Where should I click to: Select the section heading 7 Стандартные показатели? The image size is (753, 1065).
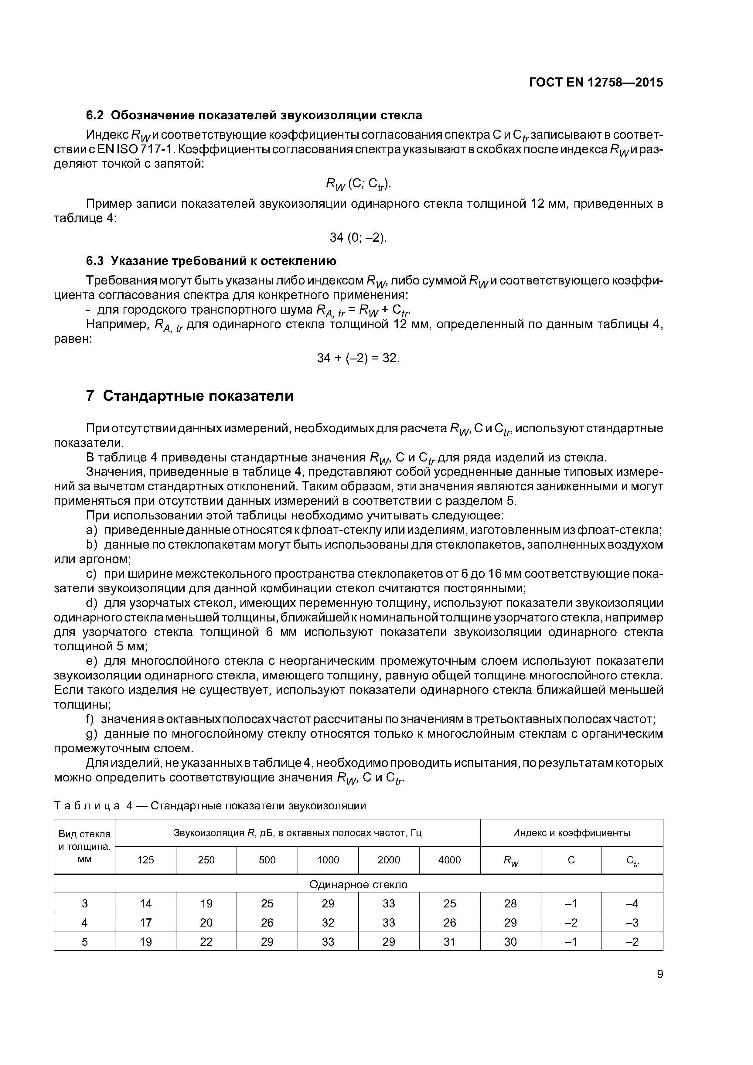pos(190,396)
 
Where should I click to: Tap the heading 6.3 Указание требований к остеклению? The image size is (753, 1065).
pos(211,261)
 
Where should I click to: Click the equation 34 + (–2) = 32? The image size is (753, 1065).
pos(358,358)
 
